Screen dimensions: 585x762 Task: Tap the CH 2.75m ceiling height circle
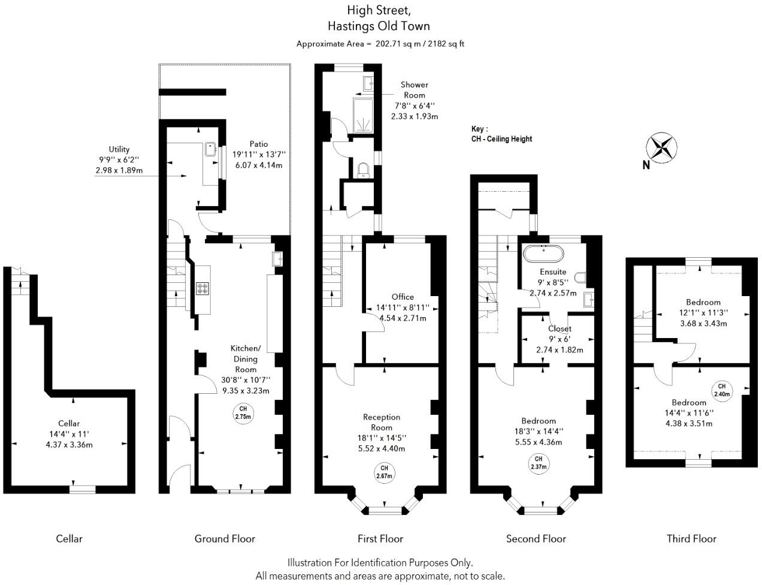pos(243,413)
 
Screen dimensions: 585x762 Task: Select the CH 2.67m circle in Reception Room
pos(384,472)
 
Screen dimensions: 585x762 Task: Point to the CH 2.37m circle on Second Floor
pos(537,463)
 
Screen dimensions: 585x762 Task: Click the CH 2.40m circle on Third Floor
pos(721,390)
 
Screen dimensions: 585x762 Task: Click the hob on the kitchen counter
pos(202,289)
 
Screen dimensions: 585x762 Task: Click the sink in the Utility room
pos(210,149)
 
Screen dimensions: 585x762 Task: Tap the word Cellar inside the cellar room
pos(69,424)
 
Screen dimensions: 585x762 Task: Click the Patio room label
pos(259,144)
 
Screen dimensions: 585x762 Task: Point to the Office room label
pos(403,297)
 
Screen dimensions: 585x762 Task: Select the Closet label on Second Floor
pos(560,328)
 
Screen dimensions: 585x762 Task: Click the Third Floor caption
pos(691,539)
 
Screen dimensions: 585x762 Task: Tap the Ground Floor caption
pos(225,539)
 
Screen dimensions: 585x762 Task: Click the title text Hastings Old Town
pos(379,26)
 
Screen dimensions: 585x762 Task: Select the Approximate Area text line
pos(380,44)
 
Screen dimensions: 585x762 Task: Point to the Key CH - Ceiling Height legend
pos(501,134)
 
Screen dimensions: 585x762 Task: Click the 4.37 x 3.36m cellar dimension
pos(69,445)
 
